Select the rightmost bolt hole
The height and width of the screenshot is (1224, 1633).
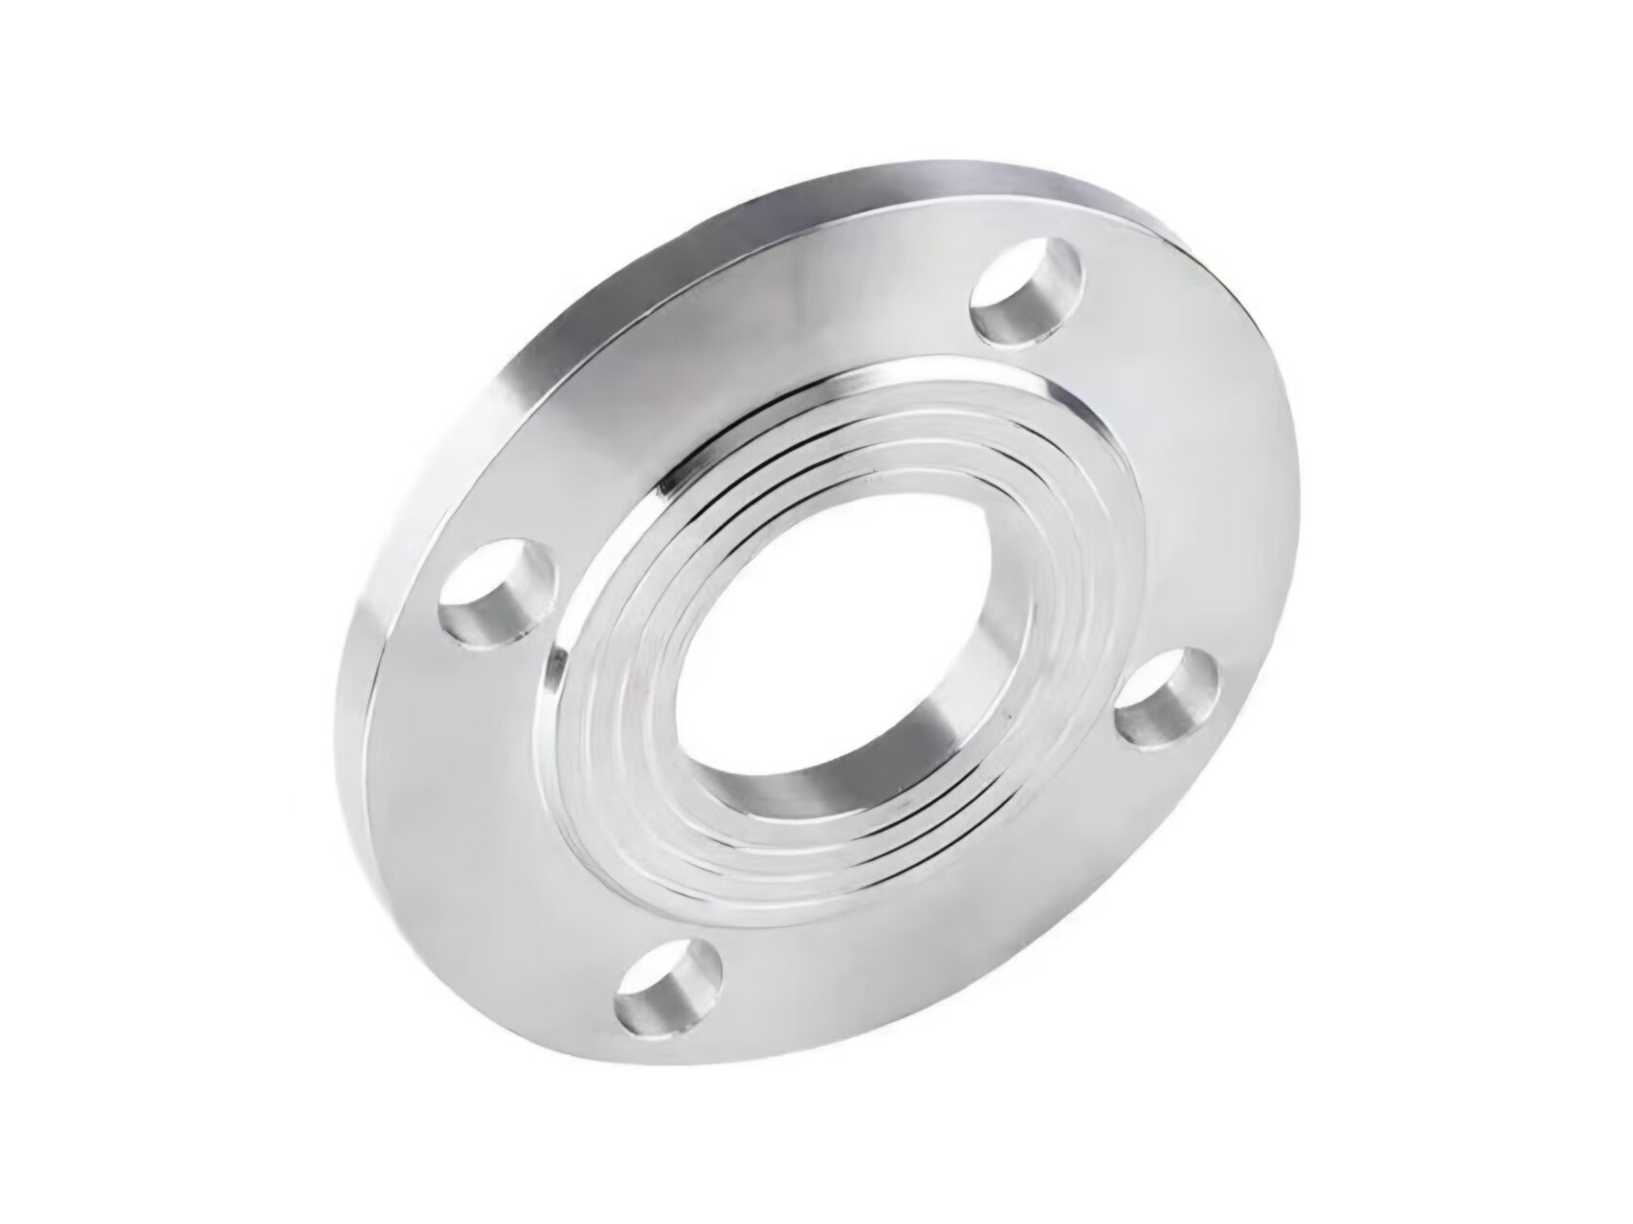pos(1166,697)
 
